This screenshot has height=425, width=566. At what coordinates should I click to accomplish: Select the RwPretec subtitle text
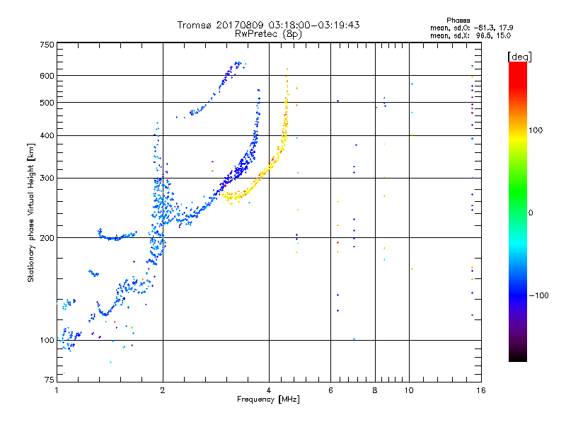point(256,33)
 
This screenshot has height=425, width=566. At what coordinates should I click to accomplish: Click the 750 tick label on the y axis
point(47,45)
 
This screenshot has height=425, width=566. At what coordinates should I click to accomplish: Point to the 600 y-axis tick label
point(47,76)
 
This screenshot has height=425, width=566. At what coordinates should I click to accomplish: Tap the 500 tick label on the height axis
point(47,103)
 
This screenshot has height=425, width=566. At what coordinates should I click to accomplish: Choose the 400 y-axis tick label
point(47,135)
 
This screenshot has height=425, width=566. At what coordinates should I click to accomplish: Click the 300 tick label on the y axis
point(47,178)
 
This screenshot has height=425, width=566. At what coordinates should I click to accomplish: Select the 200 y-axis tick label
point(47,238)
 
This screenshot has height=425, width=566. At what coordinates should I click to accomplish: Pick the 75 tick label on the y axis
point(50,380)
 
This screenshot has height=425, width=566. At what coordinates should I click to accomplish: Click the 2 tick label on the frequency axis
point(163,390)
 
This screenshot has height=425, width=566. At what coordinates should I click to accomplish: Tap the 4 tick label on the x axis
point(269,390)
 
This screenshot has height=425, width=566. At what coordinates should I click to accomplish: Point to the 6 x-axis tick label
point(330,390)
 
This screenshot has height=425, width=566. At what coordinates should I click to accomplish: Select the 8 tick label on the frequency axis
point(375,390)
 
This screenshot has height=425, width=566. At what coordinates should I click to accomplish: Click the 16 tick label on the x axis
point(481,390)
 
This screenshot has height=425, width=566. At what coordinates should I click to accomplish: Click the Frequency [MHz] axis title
point(268,399)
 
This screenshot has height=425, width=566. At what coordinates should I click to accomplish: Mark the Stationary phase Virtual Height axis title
point(31,213)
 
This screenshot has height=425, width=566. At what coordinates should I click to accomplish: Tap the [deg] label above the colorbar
point(519,57)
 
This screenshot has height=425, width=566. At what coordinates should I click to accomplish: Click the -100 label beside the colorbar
point(539,295)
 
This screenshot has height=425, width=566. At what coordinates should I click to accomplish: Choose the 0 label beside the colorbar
point(531,213)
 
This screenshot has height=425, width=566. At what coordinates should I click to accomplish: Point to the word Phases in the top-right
point(458,21)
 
